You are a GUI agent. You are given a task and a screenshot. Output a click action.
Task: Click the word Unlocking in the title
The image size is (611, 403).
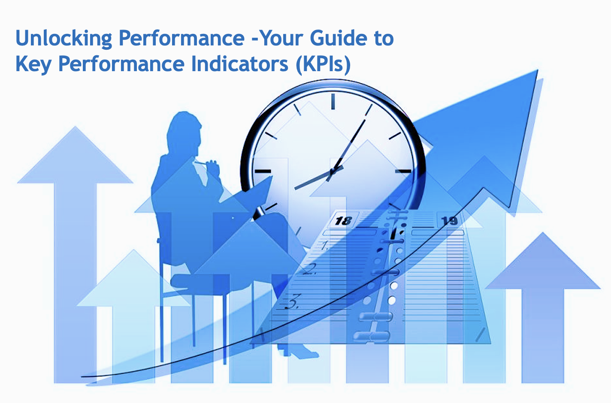64,39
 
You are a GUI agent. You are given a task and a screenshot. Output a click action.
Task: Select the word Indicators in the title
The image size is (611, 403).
240,63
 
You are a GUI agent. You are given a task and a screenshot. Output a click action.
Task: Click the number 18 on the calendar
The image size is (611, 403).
343,221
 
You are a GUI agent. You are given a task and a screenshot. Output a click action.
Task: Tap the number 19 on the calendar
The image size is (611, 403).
449,220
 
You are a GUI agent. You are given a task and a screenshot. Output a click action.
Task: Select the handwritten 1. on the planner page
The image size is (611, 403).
324,246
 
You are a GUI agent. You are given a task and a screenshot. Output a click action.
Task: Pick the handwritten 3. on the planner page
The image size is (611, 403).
292,301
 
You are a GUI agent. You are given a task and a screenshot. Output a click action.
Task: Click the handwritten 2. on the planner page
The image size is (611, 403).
310,269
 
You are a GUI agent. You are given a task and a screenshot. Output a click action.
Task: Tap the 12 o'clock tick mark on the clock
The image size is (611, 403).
333,101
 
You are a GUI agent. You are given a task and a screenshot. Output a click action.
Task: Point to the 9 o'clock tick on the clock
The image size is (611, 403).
263,171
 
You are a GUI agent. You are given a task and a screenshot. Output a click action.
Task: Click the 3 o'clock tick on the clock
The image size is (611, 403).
403,171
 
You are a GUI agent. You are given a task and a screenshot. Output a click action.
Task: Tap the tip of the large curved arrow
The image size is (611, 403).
538,70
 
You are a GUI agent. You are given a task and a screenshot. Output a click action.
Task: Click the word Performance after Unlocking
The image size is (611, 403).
181,39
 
